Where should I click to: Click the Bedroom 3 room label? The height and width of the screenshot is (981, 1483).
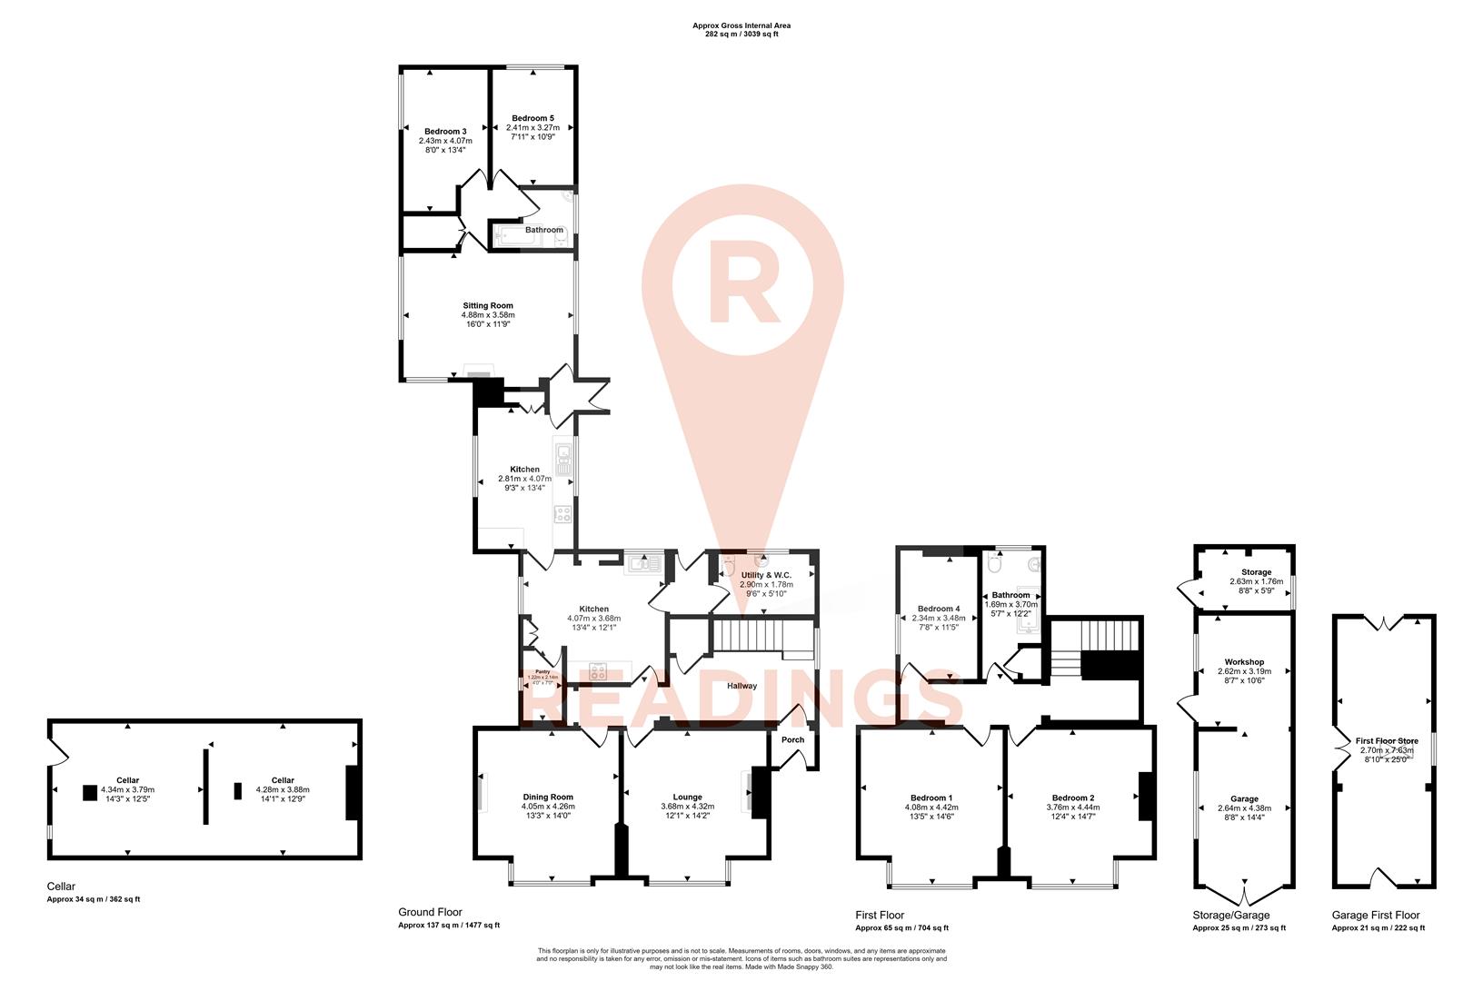click(x=445, y=132)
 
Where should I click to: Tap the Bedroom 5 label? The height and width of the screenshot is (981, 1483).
click(x=532, y=118)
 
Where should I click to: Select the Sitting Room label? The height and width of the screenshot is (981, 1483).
click(x=488, y=306)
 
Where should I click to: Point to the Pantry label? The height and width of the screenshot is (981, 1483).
click(x=542, y=672)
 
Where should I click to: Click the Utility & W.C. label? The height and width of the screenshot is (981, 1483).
click(x=766, y=575)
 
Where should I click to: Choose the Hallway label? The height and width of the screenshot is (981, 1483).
click(x=741, y=686)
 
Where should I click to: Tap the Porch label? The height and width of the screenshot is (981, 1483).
click(x=793, y=739)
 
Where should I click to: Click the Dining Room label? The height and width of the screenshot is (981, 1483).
click(x=547, y=798)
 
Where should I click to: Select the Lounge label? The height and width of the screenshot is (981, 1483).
click(x=687, y=798)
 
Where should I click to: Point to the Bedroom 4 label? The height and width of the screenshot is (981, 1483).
click(x=939, y=609)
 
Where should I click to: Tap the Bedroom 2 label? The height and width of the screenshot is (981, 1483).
click(x=1073, y=798)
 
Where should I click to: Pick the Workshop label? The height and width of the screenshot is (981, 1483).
click(x=1244, y=662)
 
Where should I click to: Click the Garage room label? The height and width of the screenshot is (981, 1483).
click(x=1244, y=798)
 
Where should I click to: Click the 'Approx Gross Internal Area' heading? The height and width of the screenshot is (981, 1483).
click(x=735, y=25)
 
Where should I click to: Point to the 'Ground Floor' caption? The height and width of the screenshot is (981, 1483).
click(x=430, y=913)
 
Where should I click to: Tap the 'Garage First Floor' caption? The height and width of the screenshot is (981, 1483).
click(x=1376, y=916)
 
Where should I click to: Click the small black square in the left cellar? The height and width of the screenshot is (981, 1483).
click(x=89, y=793)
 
